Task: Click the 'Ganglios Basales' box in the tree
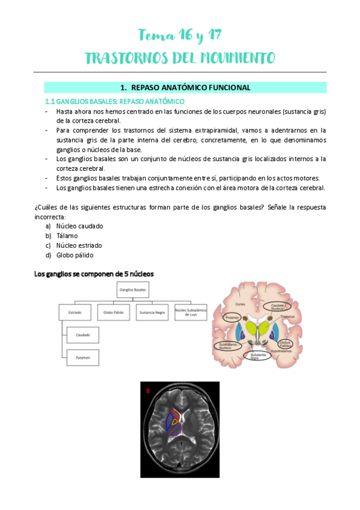[133, 289]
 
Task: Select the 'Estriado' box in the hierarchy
[75, 312]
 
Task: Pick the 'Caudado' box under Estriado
[83, 334]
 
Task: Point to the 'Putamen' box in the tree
[83, 357]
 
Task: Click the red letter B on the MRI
[148, 392]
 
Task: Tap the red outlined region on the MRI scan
[176, 415]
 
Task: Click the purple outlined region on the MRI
[175, 431]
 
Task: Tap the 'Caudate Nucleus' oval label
[278, 306]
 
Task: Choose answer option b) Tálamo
[67, 236]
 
